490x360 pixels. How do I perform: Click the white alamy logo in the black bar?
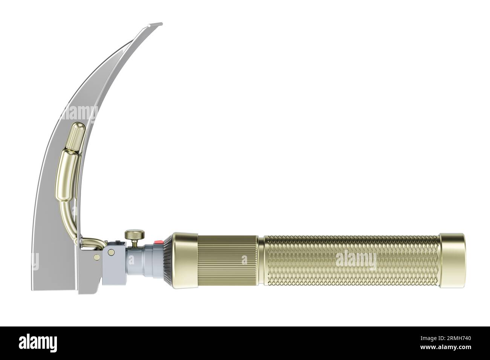click(38, 343)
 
